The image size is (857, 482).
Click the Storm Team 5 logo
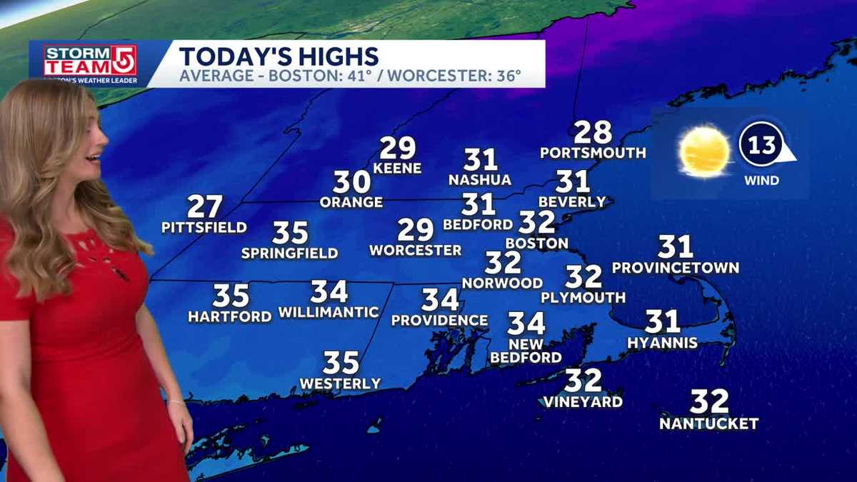pyautogui.click(x=90, y=61)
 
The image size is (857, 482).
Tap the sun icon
pyautogui.click(x=705, y=151)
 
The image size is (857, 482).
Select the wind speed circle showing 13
pyautogui.click(x=762, y=146)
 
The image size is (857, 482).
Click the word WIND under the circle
pyautogui.click(x=762, y=181)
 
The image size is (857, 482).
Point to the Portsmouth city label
pyautogui.click(x=593, y=153)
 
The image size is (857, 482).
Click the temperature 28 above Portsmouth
pyautogui.click(x=593, y=132)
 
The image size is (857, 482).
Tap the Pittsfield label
pyautogui.click(x=204, y=228)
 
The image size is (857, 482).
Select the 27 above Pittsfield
pyautogui.click(x=205, y=207)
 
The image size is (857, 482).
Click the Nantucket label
pyautogui.click(x=708, y=423)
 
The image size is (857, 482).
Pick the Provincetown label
pyautogui.click(x=676, y=268)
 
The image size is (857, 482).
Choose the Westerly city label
pyautogui.click(x=340, y=384)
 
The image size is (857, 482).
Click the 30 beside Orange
pyautogui.click(x=351, y=182)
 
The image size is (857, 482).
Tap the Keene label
pyautogui.click(x=398, y=169)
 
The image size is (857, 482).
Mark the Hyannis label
pyautogui.click(x=662, y=343)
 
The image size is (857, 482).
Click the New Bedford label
pyautogui.click(x=526, y=351)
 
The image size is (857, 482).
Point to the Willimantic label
pyautogui.click(x=329, y=312)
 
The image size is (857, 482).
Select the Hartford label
pyautogui.click(x=230, y=316)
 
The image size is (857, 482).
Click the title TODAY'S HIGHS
pyautogui.click(x=278, y=56)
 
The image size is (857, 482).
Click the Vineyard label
pyautogui.click(x=583, y=402)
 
